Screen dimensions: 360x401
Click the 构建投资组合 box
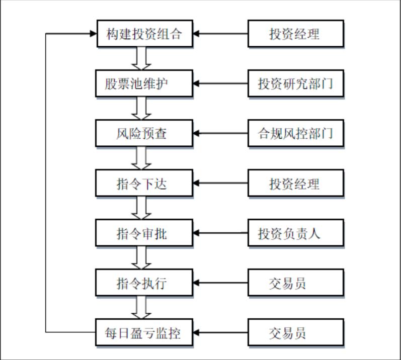pyautogui.click(x=144, y=34)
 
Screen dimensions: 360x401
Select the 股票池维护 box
pyautogui.click(x=144, y=84)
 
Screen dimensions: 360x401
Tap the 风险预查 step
pyautogui.click(x=144, y=134)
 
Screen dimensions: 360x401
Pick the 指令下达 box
pyautogui.click(x=144, y=184)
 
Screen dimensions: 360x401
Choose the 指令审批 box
pyautogui.click(x=144, y=233)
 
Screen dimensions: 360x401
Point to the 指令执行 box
pyautogui.click(x=144, y=283)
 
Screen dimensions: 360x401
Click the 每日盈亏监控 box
pyautogui.click(x=144, y=333)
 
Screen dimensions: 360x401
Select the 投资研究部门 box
pyautogui.click(x=295, y=84)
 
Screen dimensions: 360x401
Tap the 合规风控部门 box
pyautogui.click(x=295, y=134)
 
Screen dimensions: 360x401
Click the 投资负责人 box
pyautogui.click(x=295, y=233)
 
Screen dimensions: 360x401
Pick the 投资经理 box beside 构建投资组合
pyautogui.click(x=295, y=34)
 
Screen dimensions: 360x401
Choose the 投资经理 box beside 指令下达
pyautogui.click(x=295, y=184)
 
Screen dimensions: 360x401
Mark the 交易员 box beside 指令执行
pyautogui.click(x=295, y=283)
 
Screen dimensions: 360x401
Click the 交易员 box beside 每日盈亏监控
pyautogui.click(x=295, y=333)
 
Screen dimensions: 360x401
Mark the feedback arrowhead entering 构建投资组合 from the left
pyautogui.click(x=92, y=34)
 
